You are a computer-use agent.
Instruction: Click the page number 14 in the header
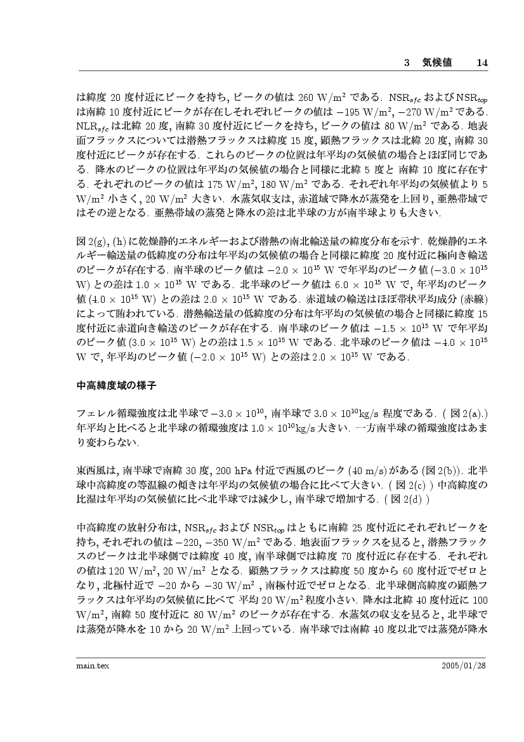click(481, 63)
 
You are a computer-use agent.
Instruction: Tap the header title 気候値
click(436, 63)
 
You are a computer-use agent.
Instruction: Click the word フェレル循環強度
click(112, 413)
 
